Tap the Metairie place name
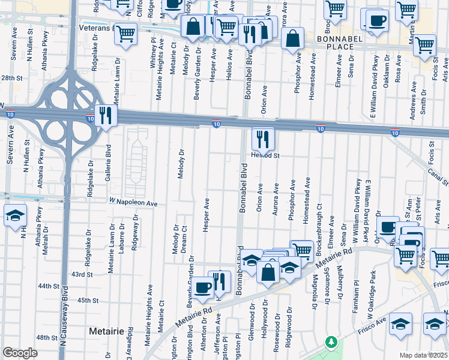click(106, 331)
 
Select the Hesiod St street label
click(270, 155)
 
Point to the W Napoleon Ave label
click(133, 203)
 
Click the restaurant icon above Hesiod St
click(262, 139)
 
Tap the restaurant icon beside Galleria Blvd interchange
click(106, 116)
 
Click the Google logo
click(20, 353)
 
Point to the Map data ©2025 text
click(424, 355)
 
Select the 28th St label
click(11, 78)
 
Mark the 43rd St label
click(82, 274)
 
